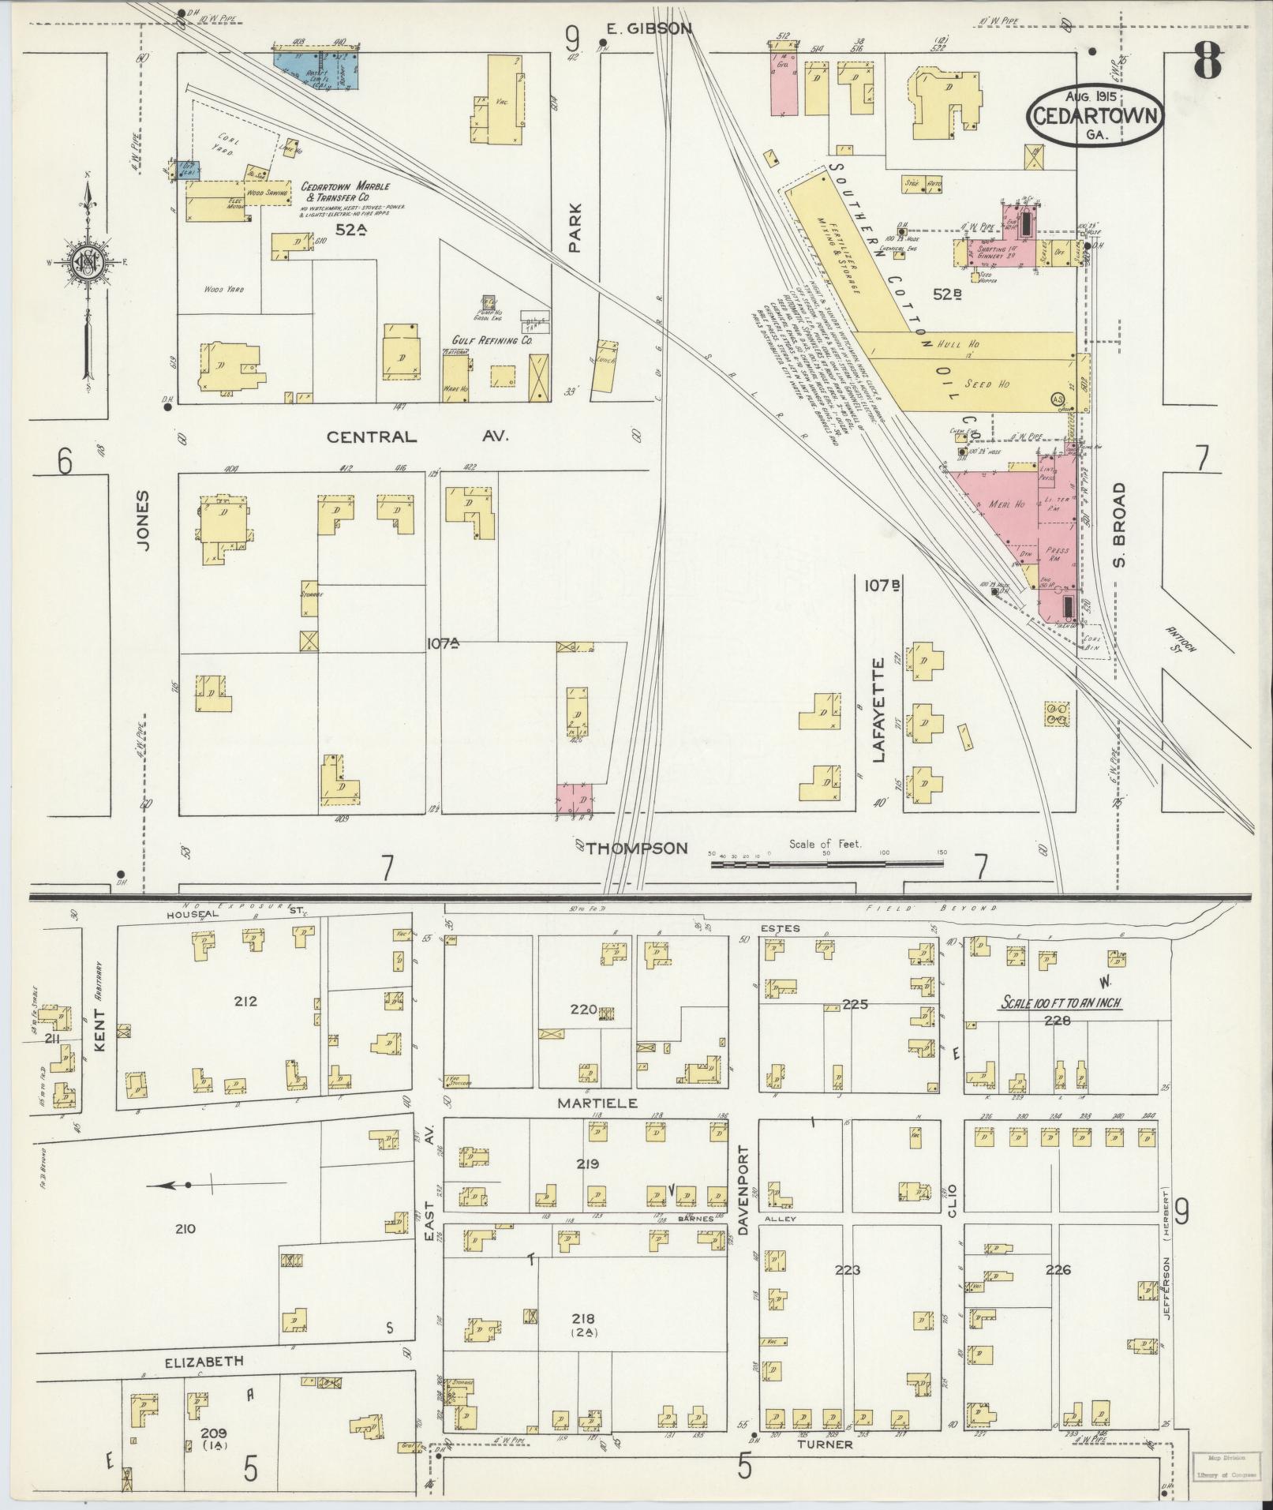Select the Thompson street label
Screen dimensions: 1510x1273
(x=637, y=848)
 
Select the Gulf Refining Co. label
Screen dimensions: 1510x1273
(x=492, y=340)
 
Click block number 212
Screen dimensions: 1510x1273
(x=245, y=1002)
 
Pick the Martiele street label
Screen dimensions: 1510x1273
(x=585, y=1101)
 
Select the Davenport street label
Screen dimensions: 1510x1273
(x=742, y=1190)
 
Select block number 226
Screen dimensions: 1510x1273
(x=1057, y=1270)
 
